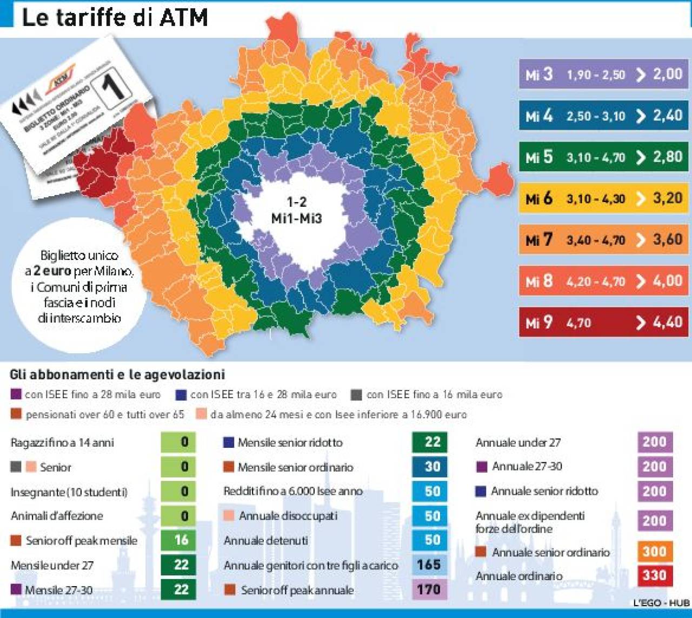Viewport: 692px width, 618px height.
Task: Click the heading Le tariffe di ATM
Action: (115, 17)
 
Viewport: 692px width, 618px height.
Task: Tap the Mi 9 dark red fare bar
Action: (603, 323)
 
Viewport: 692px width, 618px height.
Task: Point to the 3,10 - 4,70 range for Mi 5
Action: (595, 157)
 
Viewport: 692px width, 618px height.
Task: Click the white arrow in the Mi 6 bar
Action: (641, 199)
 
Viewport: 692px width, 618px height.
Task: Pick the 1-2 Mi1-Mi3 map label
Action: (296, 210)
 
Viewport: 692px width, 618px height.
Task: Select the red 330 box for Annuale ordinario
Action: (654, 575)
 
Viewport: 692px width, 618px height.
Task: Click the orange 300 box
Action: (654, 551)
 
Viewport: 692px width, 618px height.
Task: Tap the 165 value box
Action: (429, 565)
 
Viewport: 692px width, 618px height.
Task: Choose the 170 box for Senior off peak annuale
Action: (429, 589)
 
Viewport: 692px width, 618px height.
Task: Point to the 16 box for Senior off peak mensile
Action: (181, 540)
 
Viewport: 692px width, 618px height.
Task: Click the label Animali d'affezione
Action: (57, 516)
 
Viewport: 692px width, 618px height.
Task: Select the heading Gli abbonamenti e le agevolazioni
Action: (117, 374)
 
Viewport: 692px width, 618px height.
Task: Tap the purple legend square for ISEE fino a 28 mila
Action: (16, 394)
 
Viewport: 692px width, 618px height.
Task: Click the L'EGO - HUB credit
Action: (661, 603)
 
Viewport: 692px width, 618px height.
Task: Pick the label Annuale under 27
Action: (518, 442)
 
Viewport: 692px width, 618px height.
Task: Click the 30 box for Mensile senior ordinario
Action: (431, 467)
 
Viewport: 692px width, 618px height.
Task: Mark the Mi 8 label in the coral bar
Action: (539, 281)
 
